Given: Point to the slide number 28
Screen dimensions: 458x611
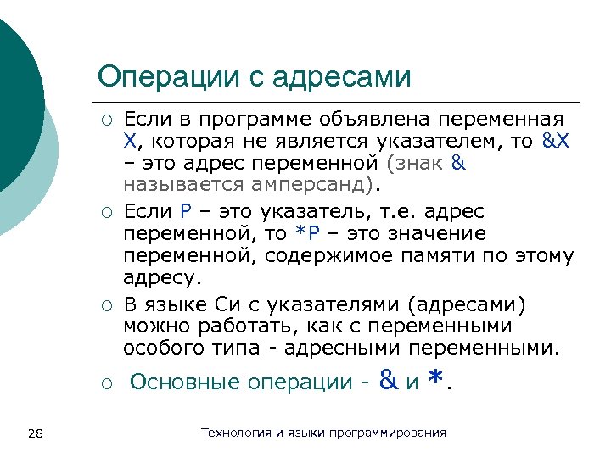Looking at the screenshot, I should (x=36, y=434).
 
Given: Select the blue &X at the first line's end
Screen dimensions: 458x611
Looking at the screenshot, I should (x=555, y=140).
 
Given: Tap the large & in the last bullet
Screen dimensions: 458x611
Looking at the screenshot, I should (x=390, y=381).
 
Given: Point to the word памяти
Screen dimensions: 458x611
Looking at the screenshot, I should (x=446, y=255).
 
